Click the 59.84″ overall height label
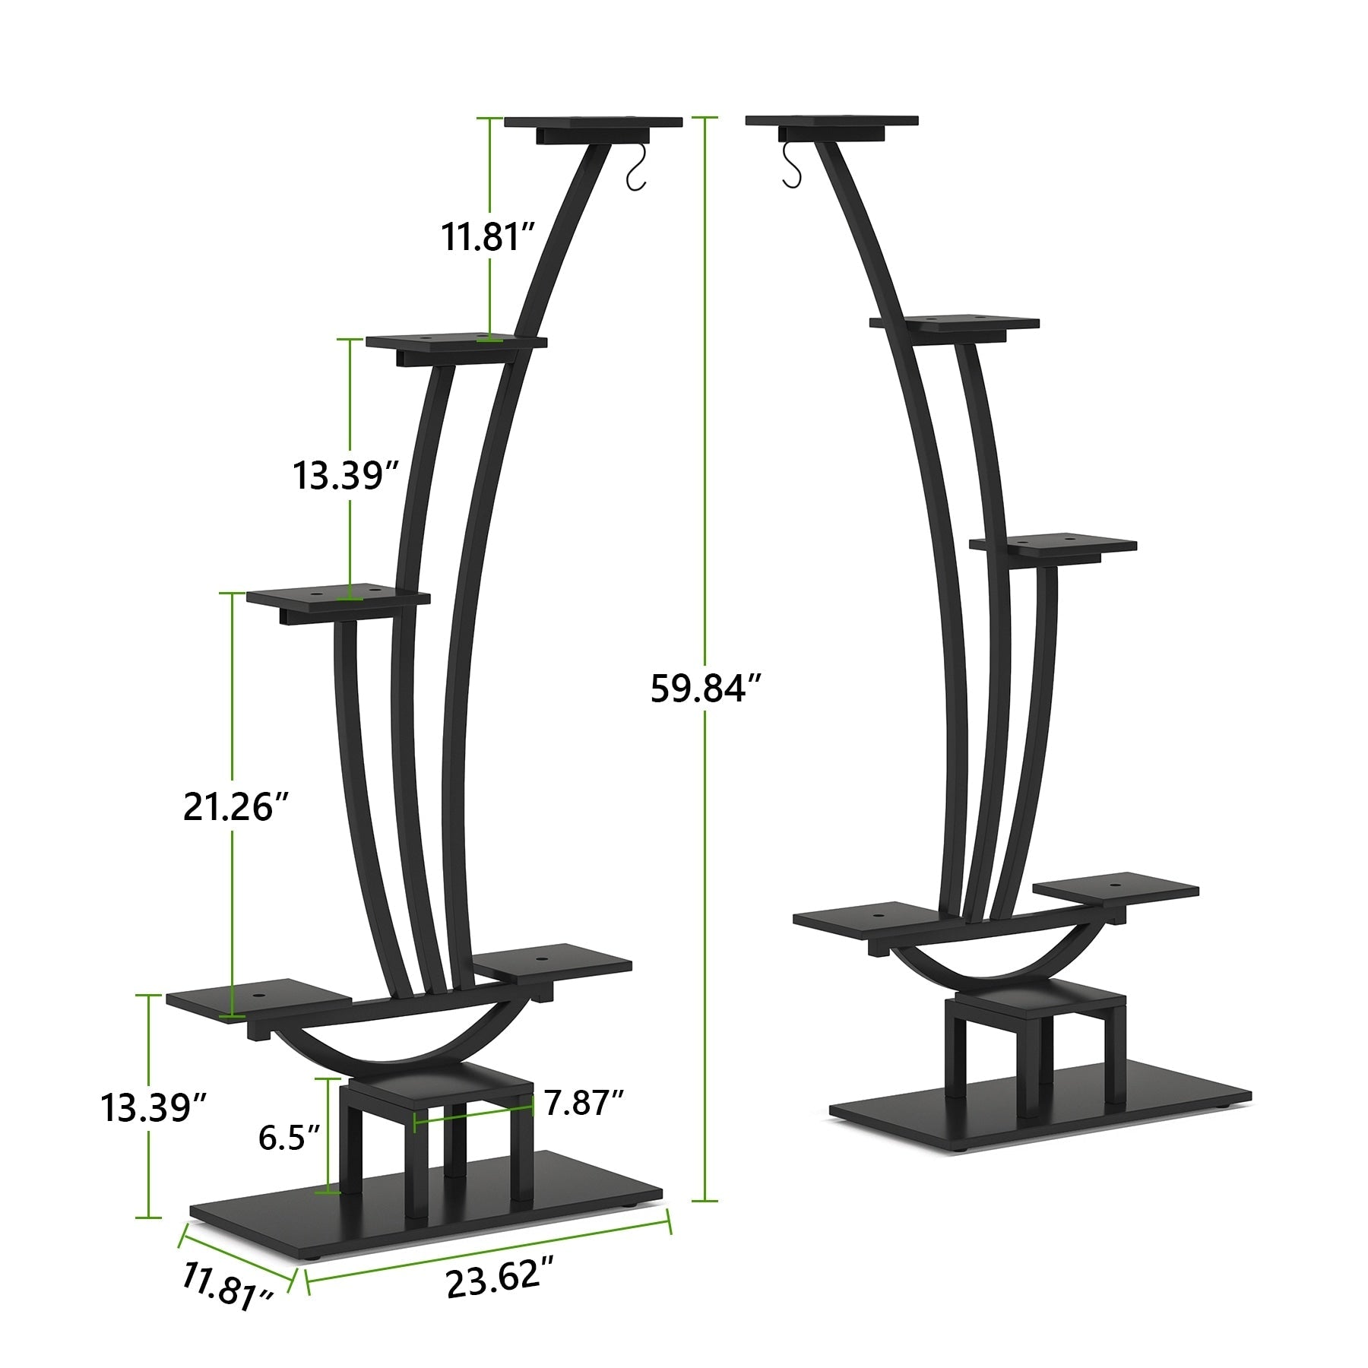[705, 689]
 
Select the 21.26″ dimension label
[237, 806]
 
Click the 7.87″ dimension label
[583, 1101]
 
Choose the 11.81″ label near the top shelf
[489, 236]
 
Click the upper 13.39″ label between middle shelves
[346, 477]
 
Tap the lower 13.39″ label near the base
[155, 1107]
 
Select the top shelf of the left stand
[593, 123]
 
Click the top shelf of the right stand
[832, 122]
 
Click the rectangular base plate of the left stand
[426, 1205]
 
